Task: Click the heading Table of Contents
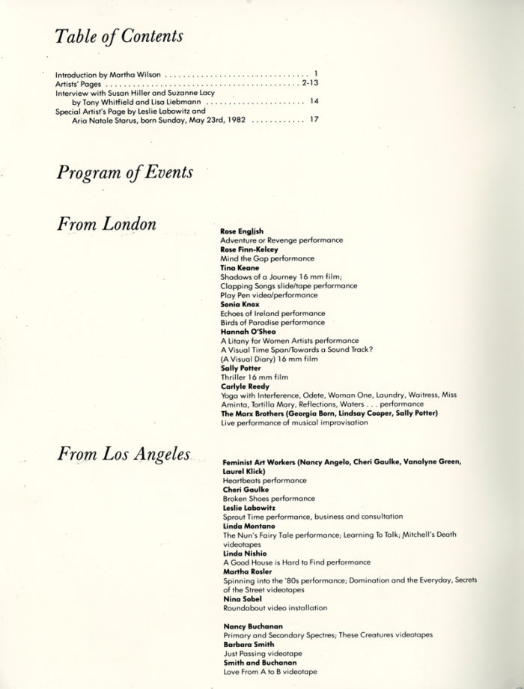120,35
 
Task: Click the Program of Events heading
124,173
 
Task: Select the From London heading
106,225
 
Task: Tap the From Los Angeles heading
123,455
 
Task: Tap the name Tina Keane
240,268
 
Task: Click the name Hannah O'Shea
246,331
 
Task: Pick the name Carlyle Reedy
245,386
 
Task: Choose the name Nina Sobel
241,599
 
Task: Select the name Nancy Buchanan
249,625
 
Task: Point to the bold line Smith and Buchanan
255,661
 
